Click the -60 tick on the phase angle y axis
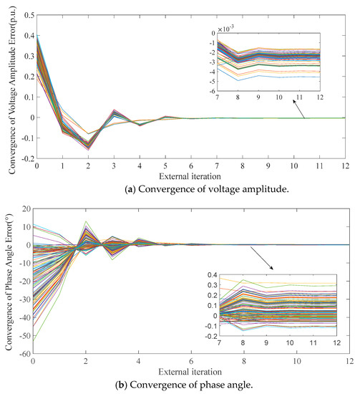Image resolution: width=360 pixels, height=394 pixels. click(21, 352)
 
